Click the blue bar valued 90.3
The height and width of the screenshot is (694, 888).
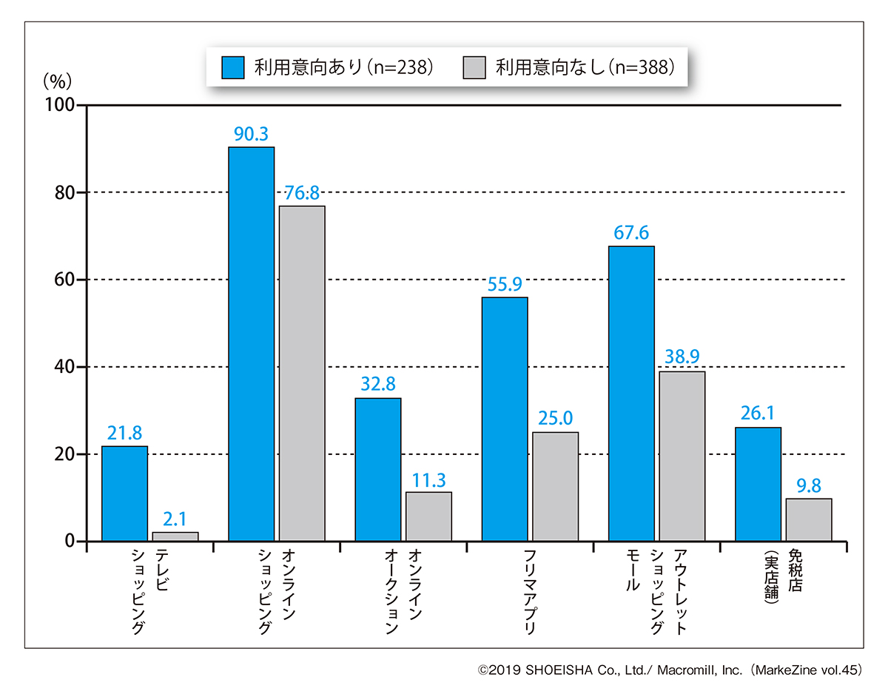[x=251, y=344]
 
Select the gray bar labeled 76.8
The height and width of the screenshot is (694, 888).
[x=302, y=374]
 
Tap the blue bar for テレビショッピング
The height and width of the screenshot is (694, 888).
[x=124, y=493]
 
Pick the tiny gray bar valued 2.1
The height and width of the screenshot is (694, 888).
[x=175, y=536]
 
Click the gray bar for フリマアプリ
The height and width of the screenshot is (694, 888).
[x=555, y=487]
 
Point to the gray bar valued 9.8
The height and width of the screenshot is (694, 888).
[x=809, y=520]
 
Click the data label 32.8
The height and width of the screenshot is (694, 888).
[x=377, y=385]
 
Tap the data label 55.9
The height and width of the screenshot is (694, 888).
[x=505, y=285]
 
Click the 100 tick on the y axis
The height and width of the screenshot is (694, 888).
[x=61, y=106]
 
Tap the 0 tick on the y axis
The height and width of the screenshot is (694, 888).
[x=70, y=542]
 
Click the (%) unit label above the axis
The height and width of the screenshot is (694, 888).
[x=57, y=79]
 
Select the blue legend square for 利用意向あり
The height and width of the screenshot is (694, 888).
[x=233, y=67]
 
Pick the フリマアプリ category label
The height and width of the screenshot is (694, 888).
[x=529, y=592]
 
